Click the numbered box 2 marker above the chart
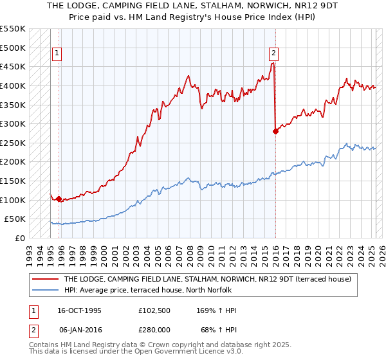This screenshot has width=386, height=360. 274,53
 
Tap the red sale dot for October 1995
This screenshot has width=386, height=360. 59,199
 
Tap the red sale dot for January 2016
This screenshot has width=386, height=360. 275,131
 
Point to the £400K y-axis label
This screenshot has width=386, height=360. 13,85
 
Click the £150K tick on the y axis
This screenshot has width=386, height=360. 13,181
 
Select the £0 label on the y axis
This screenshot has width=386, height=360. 19,238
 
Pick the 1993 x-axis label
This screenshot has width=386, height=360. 29,251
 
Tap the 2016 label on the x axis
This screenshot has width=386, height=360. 275,251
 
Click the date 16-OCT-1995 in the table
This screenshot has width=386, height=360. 80,310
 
